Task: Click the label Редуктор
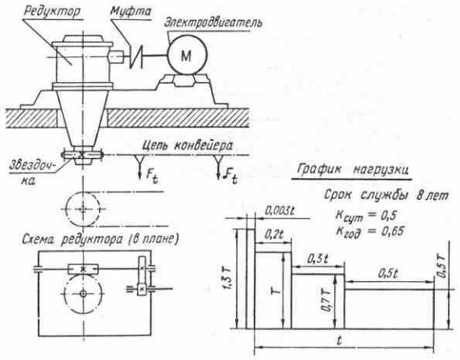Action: point(52,12)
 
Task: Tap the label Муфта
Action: point(131,11)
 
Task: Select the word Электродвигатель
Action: point(213,23)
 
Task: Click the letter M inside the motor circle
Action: point(187,56)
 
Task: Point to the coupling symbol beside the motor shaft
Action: point(136,56)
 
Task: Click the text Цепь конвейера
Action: point(188,146)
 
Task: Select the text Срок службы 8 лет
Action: point(386,195)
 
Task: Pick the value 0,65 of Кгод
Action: point(393,231)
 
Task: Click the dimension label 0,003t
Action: point(280,210)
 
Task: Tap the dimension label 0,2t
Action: point(274,234)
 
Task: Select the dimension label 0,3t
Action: point(317,259)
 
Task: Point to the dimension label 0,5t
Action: point(387,274)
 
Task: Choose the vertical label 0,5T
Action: point(441,267)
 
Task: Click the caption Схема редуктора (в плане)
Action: point(101,240)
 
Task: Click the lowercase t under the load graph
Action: point(339,341)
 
